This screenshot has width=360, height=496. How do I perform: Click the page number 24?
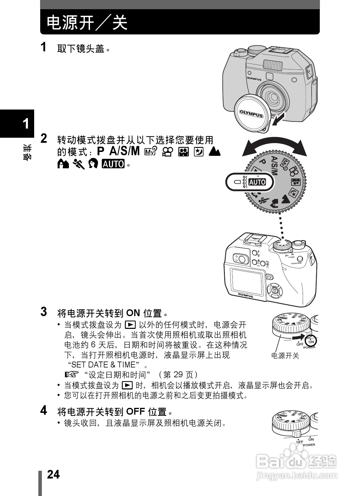53,474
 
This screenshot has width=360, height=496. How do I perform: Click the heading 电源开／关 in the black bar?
87,23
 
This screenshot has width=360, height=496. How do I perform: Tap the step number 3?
44,312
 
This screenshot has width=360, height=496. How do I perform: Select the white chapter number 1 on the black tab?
26,123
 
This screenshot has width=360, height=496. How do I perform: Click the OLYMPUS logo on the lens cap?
251,114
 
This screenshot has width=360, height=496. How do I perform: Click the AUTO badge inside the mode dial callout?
257,182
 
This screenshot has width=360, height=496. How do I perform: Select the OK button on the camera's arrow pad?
274,290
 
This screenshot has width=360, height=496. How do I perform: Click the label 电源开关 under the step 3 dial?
285,356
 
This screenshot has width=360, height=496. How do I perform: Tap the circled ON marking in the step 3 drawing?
311,342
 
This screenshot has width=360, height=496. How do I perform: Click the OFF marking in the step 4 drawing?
299,442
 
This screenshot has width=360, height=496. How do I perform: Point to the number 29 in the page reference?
176,375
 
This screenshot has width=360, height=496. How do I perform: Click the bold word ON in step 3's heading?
133,313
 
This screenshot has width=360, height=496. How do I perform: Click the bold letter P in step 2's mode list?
101,151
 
